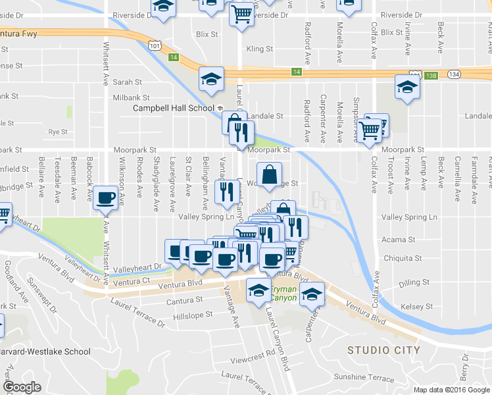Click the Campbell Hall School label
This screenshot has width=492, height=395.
click(174, 108)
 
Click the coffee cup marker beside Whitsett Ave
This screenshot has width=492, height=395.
click(106, 198)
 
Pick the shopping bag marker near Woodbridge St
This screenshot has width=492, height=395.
click(268, 175)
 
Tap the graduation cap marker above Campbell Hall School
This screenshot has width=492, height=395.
click(212, 79)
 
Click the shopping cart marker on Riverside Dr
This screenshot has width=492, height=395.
click(242, 13)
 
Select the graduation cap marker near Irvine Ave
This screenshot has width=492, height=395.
click(407, 88)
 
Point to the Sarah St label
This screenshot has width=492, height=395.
click(128, 82)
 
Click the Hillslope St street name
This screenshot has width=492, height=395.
click(193, 315)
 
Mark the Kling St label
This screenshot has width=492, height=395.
click(259, 49)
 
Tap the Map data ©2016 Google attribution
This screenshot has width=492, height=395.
click(451, 390)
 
